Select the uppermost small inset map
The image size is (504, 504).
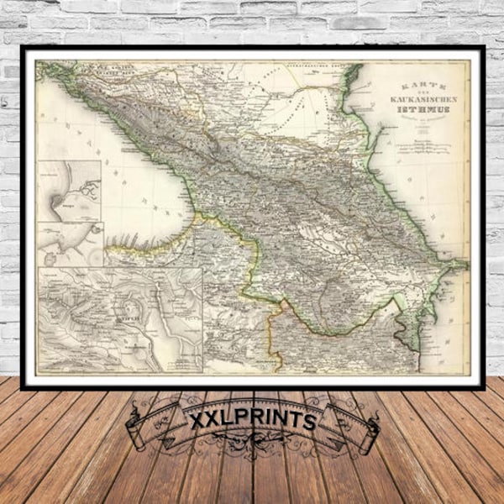[x=68, y=191]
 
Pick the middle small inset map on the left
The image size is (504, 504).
[x=69, y=244]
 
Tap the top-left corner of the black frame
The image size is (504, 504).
[x=24, y=49]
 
